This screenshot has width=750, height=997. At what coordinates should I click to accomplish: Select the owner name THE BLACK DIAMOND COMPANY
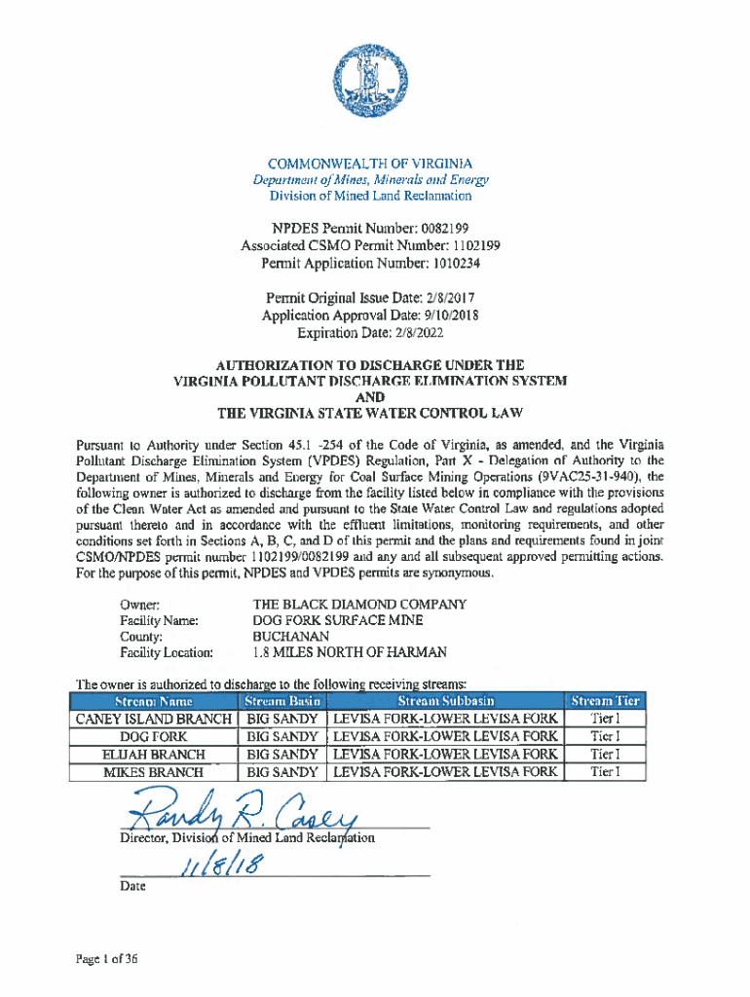(x=359, y=605)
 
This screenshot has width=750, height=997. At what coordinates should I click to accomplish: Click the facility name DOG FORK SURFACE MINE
(x=338, y=620)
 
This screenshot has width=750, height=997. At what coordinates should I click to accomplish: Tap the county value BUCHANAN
(x=287, y=636)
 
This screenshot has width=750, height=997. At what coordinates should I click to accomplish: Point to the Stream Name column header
(x=154, y=701)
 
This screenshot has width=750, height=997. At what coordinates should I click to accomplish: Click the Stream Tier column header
(x=605, y=701)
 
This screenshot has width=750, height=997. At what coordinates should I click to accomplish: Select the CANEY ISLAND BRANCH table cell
(x=154, y=719)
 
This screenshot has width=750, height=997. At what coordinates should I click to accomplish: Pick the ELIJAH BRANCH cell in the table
(x=154, y=755)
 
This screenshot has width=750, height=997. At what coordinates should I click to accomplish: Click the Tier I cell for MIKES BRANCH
(x=605, y=772)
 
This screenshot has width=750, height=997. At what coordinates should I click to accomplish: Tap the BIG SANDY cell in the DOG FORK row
(x=282, y=737)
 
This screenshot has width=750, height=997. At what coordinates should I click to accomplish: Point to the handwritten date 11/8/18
(x=220, y=863)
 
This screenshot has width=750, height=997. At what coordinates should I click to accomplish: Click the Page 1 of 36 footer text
(x=110, y=958)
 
